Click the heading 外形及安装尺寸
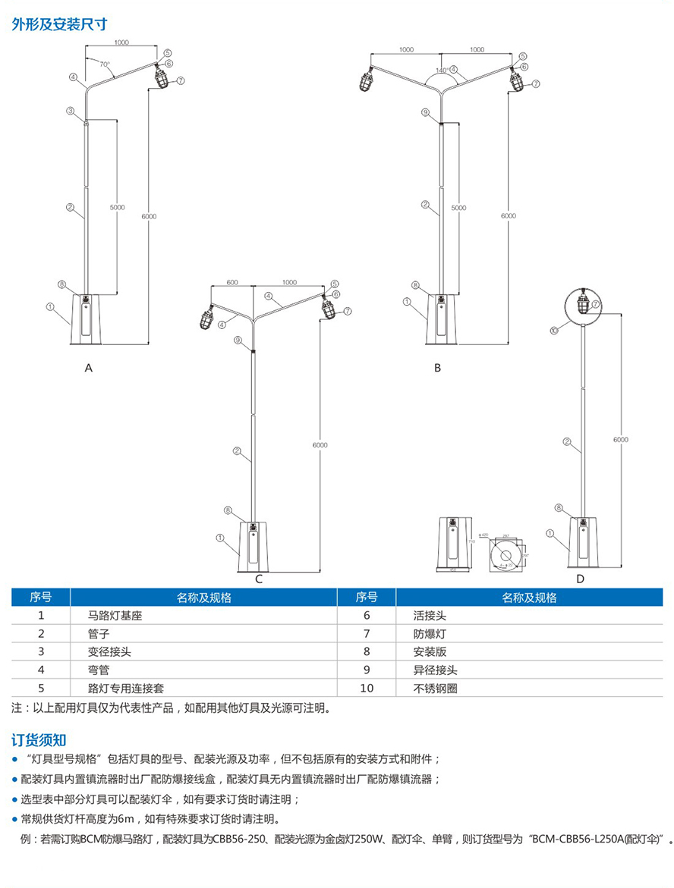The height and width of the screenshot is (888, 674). (x=54, y=23)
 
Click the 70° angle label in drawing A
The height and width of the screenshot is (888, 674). (x=104, y=64)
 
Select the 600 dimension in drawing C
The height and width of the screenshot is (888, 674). (x=232, y=282)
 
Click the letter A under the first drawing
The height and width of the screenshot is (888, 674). (x=89, y=368)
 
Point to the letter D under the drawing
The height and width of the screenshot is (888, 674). (x=581, y=579)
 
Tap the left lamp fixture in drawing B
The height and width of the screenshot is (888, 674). (x=367, y=79)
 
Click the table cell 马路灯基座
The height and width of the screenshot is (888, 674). (x=115, y=616)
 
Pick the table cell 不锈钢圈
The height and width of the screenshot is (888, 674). (x=436, y=689)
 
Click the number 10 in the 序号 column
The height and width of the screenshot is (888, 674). (x=367, y=689)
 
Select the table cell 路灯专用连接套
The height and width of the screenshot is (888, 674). (x=126, y=689)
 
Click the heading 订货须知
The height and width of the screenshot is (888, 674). (x=39, y=739)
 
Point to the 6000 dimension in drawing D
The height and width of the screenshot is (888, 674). (x=621, y=440)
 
